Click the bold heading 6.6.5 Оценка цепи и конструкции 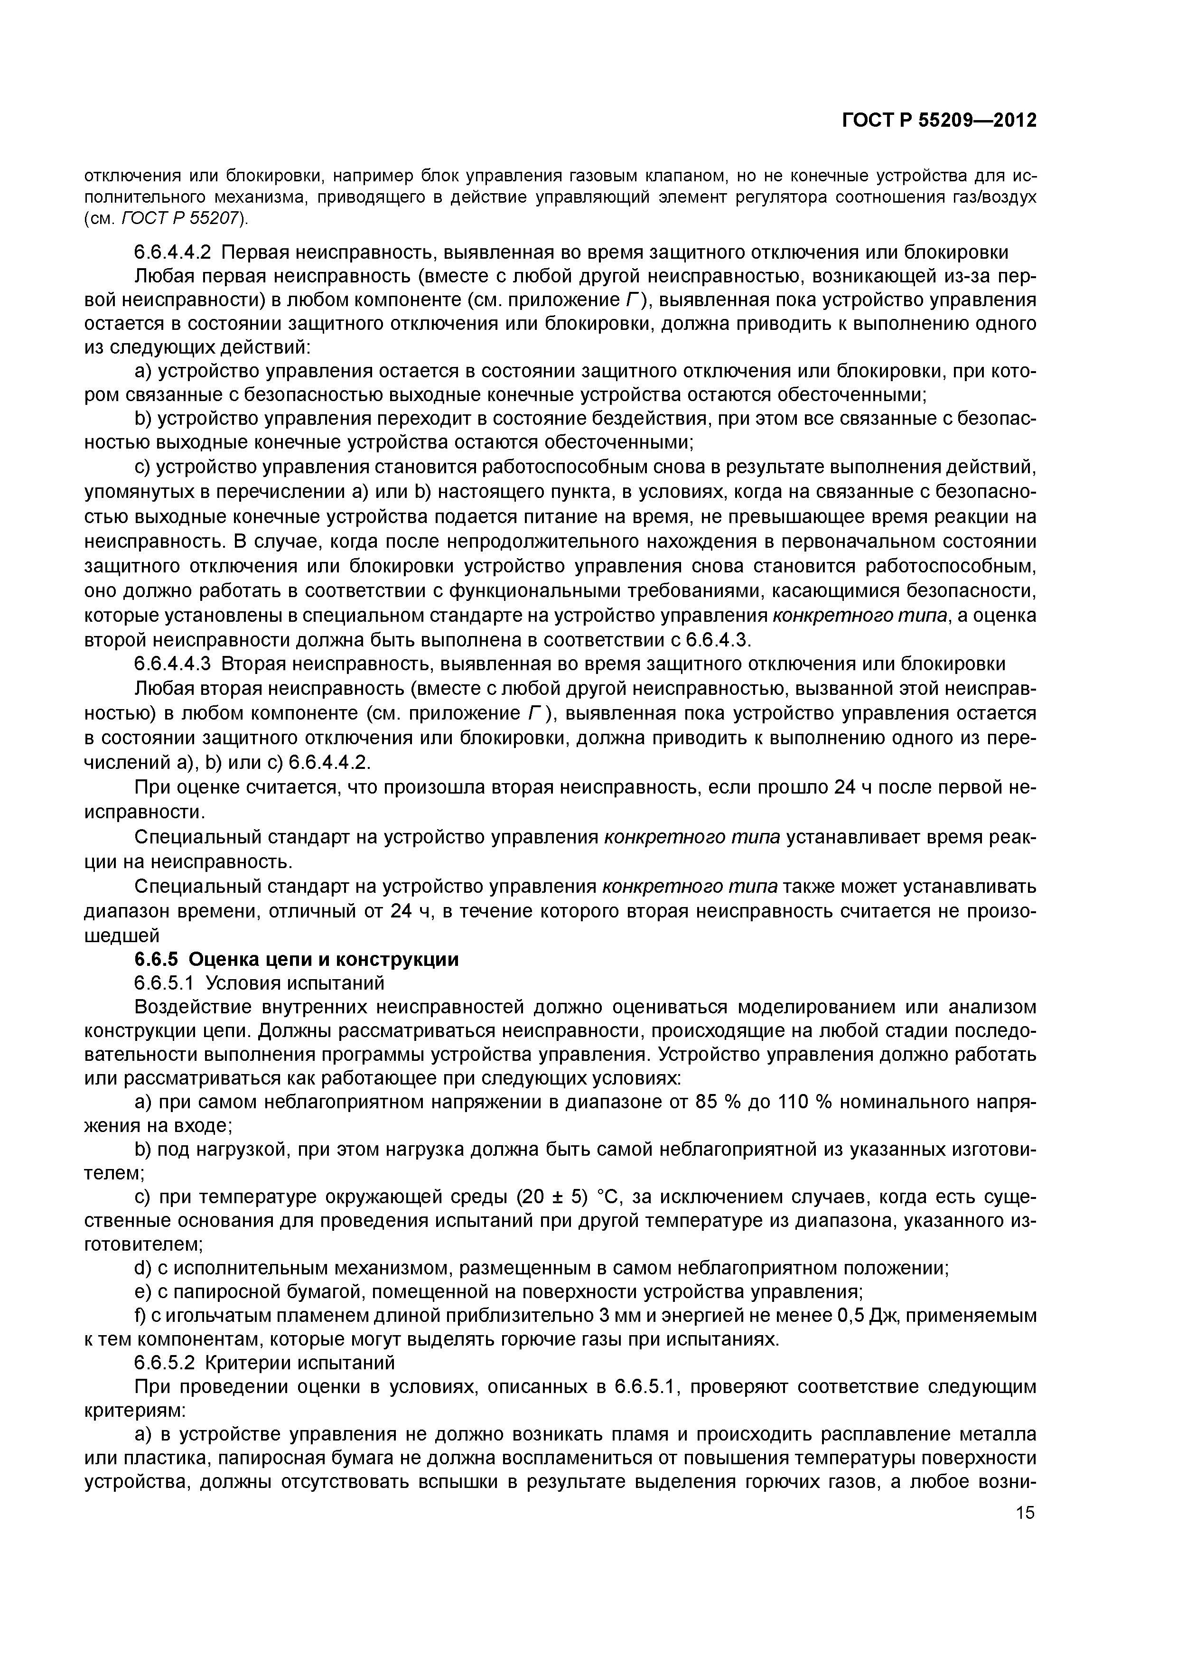coord(297,959)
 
